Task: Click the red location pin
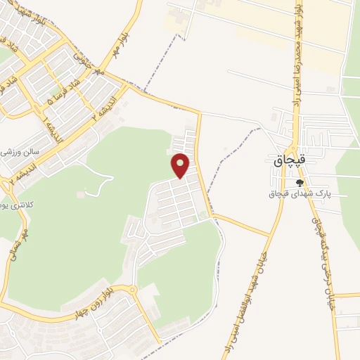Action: (x=181, y=165)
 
